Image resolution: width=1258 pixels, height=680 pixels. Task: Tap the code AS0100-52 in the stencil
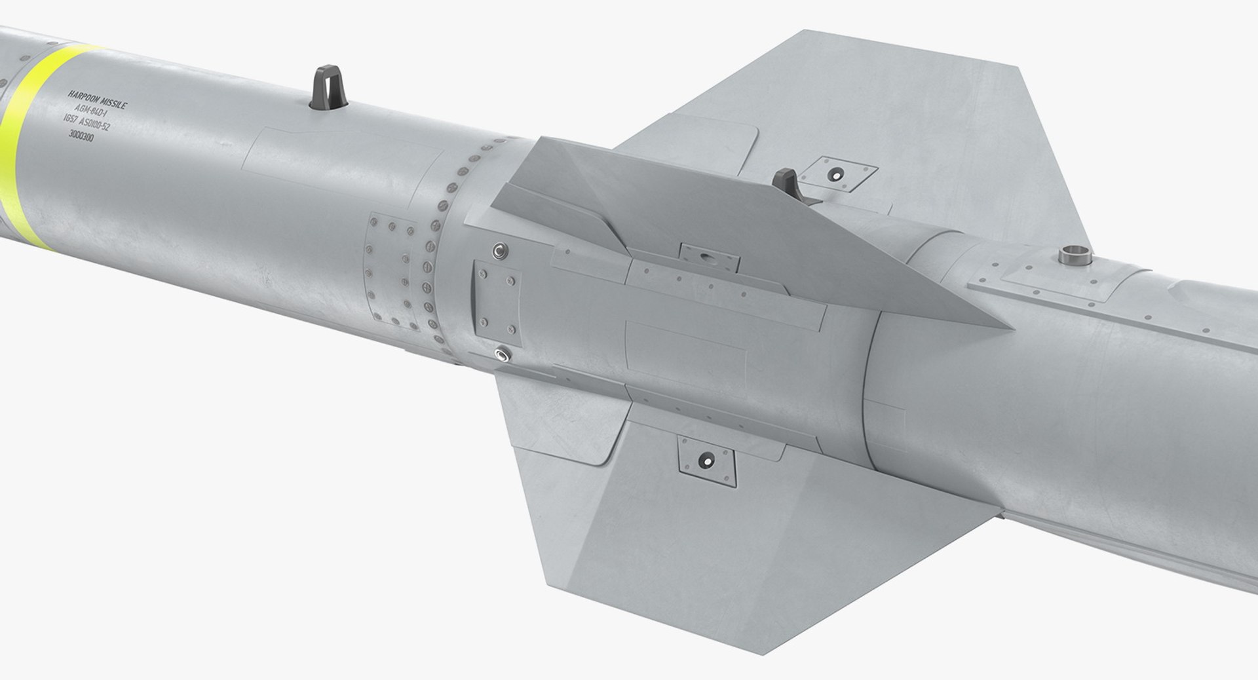[111, 127]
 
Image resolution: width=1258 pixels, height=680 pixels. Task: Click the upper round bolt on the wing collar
[501, 251]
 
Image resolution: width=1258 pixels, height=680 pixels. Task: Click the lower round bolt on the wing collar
[503, 354]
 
